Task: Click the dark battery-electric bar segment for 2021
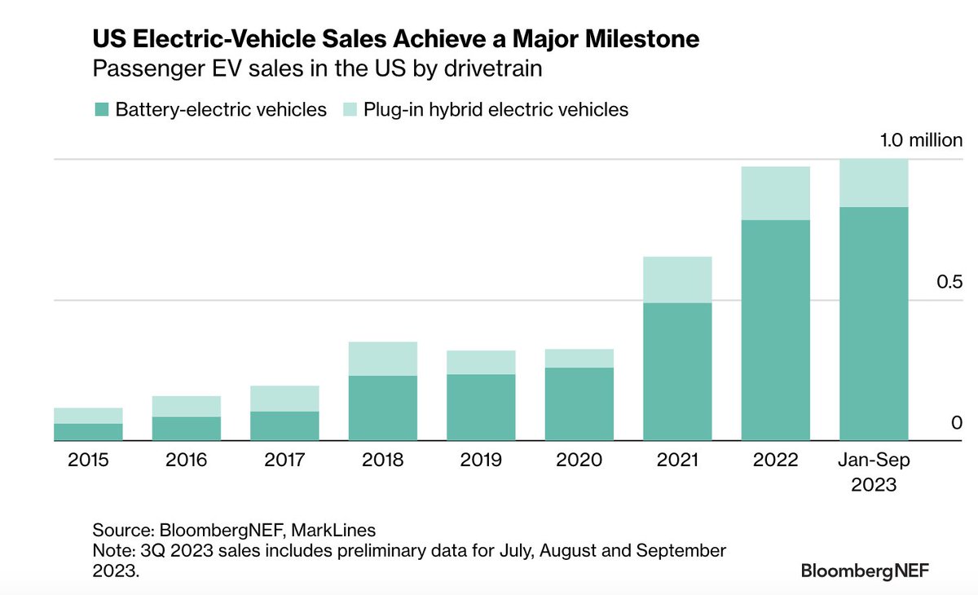pyautogui.click(x=677, y=372)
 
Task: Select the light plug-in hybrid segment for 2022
pyautogui.click(x=775, y=193)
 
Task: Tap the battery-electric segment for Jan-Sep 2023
pyautogui.click(x=873, y=324)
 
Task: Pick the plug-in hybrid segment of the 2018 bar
pyautogui.click(x=383, y=359)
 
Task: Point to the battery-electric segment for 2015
pyautogui.click(x=88, y=432)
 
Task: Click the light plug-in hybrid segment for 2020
pyautogui.click(x=579, y=358)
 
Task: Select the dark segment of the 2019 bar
pyautogui.click(x=481, y=408)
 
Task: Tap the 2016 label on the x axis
pyautogui.click(x=187, y=461)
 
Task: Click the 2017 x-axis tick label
pyautogui.click(x=284, y=461)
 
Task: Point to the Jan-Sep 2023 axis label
pyautogui.click(x=874, y=472)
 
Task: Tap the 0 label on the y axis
pyautogui.click(x=956, y=422)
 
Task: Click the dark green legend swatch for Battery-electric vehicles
pyautogui.click(x=101, y=109)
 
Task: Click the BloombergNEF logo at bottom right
pyautogui.click(x=865, y=571)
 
